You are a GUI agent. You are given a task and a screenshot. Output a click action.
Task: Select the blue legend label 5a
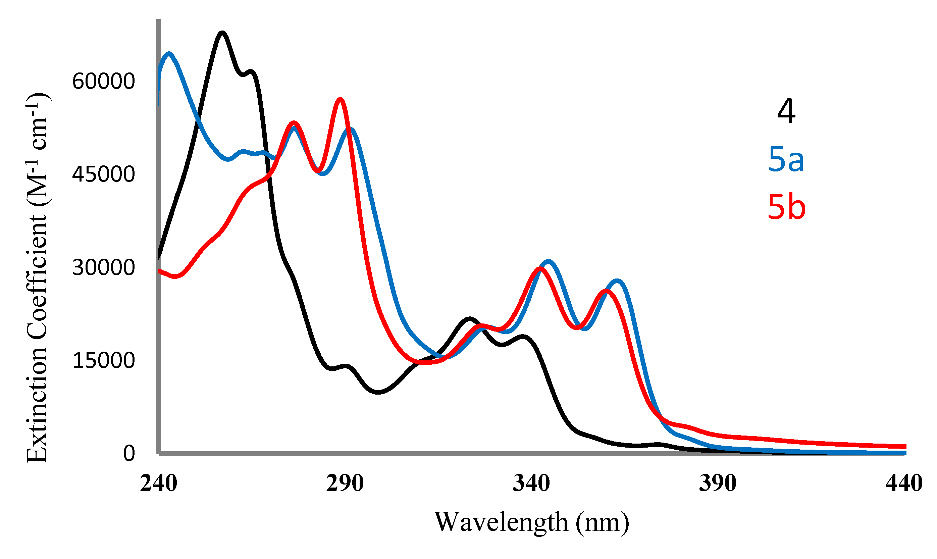point(786,160)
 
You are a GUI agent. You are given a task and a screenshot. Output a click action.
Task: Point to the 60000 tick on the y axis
point(103,81)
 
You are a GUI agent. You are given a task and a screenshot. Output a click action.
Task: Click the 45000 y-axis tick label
point(103,174)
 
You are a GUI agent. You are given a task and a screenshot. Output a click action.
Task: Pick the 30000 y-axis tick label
point(103,267)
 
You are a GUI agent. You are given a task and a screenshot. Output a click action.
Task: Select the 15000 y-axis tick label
point(103,360)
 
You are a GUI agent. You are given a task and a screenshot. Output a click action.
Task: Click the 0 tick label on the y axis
point(129,453)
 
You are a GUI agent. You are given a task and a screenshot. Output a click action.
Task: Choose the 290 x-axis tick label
point(345,483)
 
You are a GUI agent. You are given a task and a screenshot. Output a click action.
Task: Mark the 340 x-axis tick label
point(531,483)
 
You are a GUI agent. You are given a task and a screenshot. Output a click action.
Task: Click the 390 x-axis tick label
point(718,483)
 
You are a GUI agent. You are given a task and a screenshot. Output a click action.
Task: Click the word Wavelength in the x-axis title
point(501,522)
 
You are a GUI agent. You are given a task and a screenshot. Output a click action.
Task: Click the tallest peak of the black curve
point(222,33)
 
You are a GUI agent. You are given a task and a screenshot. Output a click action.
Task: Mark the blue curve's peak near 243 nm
point(169,54)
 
